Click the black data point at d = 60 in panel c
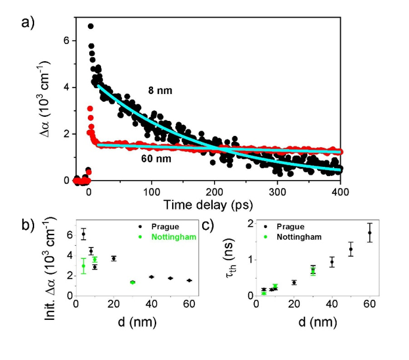pos(370,233)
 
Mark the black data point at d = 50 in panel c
pos(351,249)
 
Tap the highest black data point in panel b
pos(83,235)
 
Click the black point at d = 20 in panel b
pos(114,258)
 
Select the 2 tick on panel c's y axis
pos(248,224)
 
